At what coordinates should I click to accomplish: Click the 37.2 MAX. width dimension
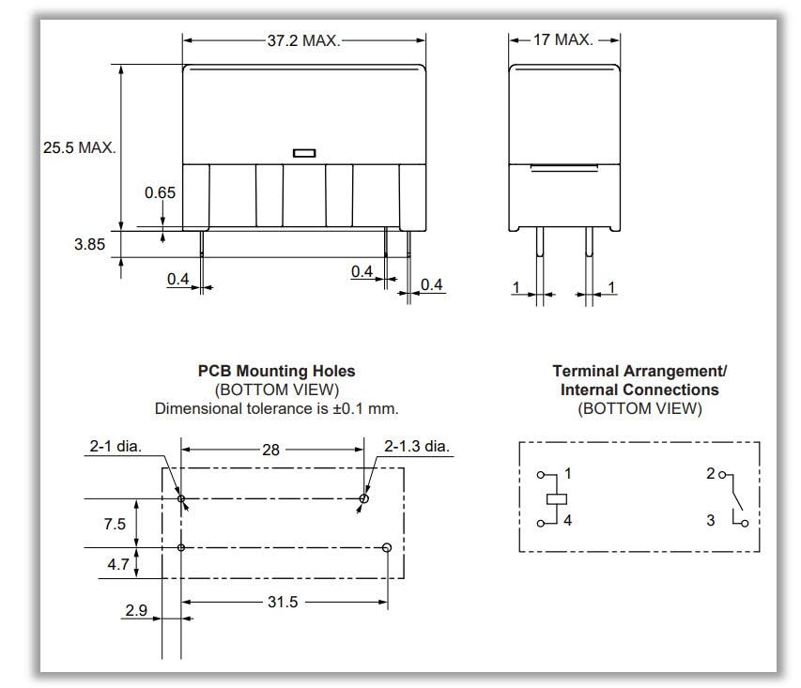tap(302, 40)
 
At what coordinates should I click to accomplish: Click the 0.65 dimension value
tap(161, 191)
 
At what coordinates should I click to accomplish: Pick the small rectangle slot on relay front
tap(304, 152)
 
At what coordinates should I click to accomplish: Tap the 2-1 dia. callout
tap(116, 447)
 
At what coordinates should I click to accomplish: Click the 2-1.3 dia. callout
tap(417, 447)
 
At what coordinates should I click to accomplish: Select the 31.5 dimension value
tap(281, 602)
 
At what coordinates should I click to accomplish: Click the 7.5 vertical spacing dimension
tap(115, 523)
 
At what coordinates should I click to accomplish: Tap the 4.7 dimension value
tap(115, 566)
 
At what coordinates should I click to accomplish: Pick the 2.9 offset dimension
tap(136, 610)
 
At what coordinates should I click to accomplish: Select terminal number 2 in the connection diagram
tap(711, 474)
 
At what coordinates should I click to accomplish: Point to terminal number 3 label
tap(711, 520)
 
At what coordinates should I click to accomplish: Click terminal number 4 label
tap(568, 520)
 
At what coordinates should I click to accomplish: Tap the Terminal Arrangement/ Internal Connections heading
tap(639, 380)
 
